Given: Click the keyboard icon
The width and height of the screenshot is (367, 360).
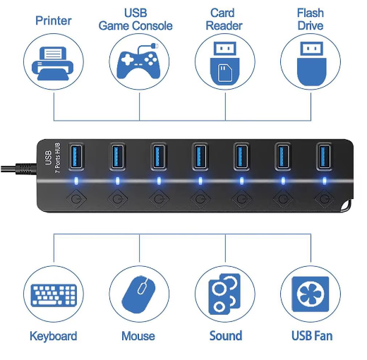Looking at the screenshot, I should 54,294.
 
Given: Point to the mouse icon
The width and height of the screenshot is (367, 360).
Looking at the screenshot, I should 139,294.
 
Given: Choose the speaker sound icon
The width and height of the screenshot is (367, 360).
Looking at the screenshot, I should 225,294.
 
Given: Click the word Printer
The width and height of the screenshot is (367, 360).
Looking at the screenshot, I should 54,20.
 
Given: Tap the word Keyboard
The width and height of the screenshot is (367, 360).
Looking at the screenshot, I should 54,336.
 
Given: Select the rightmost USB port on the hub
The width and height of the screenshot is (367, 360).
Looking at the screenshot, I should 325,156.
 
